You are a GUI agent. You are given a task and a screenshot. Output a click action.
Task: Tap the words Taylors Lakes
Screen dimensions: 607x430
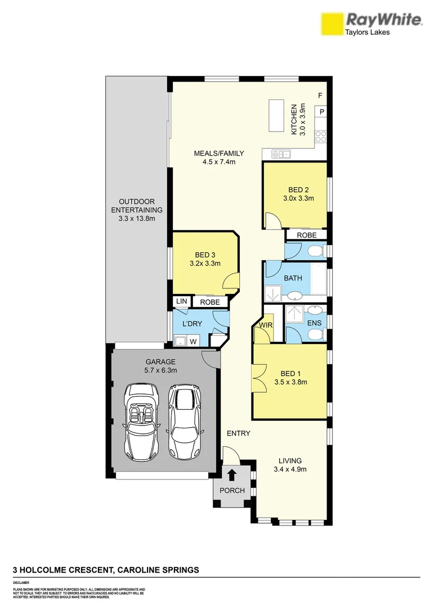click(367, 33)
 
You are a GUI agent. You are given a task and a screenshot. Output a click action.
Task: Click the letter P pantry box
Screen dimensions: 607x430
click(322, 112)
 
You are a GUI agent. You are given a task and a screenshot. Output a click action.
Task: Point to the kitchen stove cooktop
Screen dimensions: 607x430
click(321, 135)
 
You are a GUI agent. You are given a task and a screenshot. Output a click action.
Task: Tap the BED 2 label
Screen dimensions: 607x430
click(298, 189)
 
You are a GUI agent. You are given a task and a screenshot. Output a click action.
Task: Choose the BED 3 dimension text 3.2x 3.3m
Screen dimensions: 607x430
click(205, 263)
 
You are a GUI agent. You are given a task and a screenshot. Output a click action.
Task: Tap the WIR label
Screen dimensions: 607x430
click(265, 325)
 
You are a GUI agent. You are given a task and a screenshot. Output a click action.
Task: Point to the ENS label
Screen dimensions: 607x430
click(313, 323)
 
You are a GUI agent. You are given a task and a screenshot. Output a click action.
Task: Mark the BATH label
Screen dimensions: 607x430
click(293, 278)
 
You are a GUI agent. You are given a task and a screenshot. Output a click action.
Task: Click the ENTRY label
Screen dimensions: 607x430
click(238, 433)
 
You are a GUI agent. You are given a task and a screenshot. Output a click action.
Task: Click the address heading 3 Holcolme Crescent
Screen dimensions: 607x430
click(106, 570)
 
